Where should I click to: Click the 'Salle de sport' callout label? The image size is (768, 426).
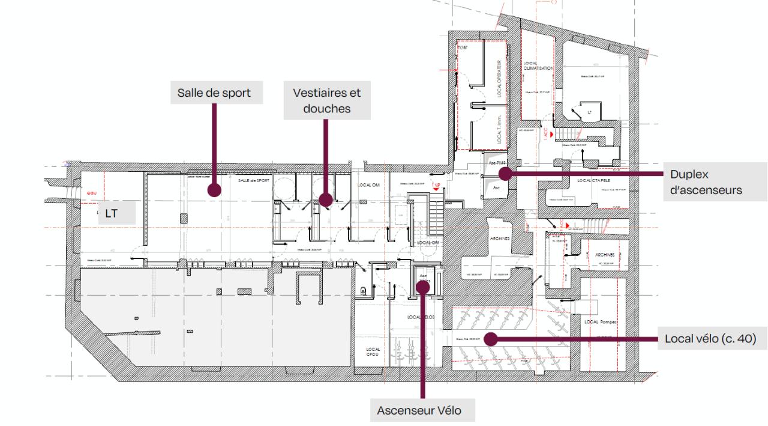pyautogui.click(x=214, y=93)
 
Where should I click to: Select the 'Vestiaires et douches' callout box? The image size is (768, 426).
pyautogui.click(x=327, y=101)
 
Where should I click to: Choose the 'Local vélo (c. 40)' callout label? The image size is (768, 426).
pyautogui.click(x=710, y=339)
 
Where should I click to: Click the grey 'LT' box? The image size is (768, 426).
pyautogui.click(x=116, y=213)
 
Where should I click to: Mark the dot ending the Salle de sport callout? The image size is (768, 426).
pyautogui.click(x=212, y=190)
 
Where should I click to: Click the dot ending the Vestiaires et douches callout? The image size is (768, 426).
pyautogui.click(x=325, y=200)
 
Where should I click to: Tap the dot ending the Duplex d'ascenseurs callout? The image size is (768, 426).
pyautogui.click(x=505, y=174)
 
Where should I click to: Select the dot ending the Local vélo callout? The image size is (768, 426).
pyautogui.click(x=491, y=339)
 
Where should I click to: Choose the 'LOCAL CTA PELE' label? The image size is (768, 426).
pyautogui.click(x=595, y=180)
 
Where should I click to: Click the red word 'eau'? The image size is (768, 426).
pyautogui.click(x=91, y=193)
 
